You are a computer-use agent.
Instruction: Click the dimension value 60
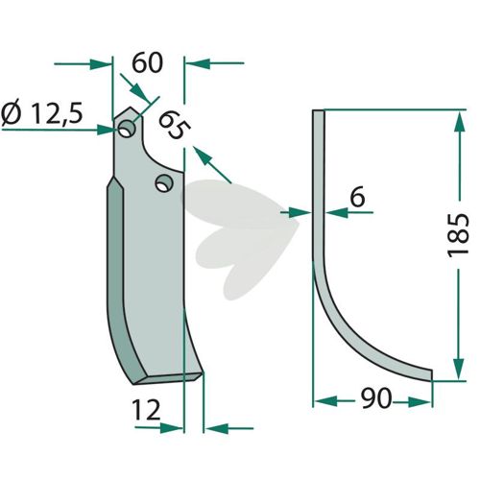147,63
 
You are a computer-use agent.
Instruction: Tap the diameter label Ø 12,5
42,114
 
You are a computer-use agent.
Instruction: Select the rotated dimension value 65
175,125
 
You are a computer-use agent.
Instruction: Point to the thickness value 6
357,198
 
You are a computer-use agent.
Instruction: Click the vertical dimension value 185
458,235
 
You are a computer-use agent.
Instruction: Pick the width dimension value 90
376,398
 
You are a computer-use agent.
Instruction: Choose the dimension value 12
146,411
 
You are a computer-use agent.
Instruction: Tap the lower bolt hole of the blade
164,183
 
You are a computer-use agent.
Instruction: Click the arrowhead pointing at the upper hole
107,130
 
